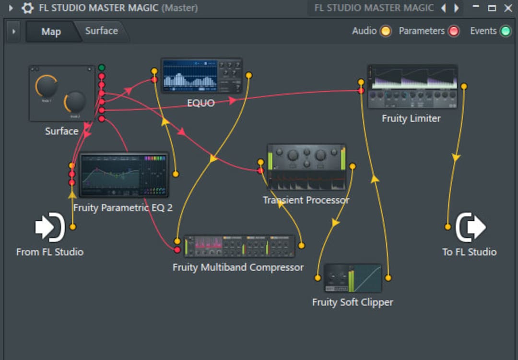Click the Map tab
coord(51,32)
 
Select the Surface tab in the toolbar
coord(101,31)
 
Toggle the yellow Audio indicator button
coord(385,31)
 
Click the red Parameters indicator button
coord(453,31)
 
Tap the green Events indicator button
coord(505,31)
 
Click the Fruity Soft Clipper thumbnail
coord(353,278)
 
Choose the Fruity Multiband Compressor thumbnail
coord(239,246)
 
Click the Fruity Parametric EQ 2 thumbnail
coord(124,175)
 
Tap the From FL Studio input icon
coord(50,227)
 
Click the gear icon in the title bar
coord(27,8)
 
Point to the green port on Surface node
coord(102,68)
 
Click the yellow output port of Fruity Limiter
coord(464,86)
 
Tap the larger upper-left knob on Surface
coord(47,86)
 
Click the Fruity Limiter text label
coord(411,118)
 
